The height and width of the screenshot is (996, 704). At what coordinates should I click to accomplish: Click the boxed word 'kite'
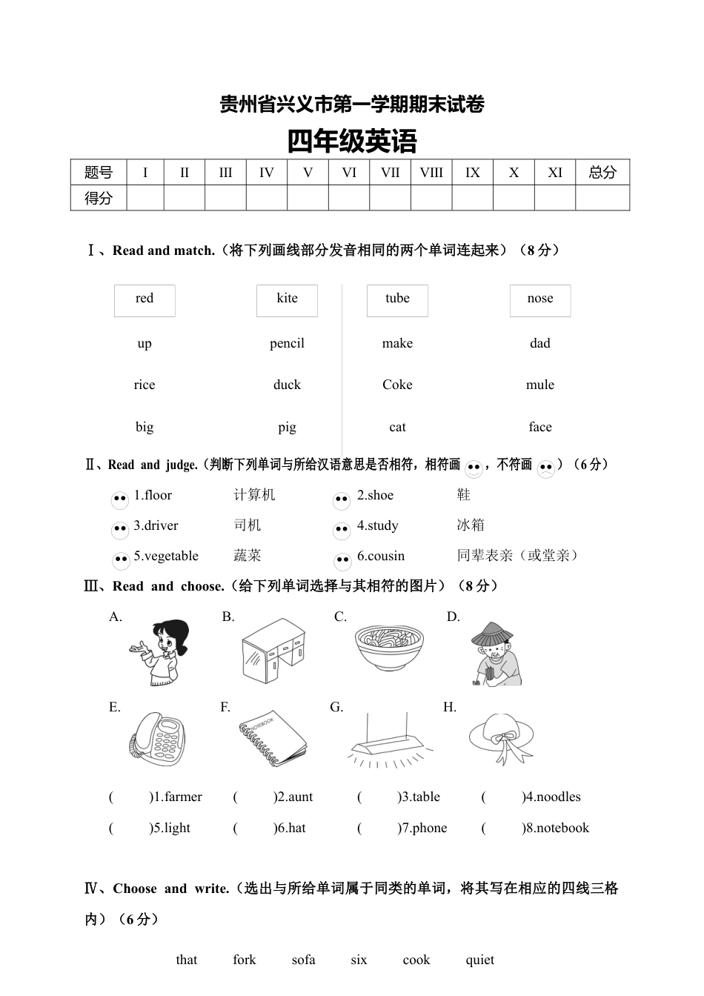point(287,299)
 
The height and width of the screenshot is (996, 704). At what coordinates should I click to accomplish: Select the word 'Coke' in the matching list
point(397,385)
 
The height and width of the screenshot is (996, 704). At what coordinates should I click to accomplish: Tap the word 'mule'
point(540,385)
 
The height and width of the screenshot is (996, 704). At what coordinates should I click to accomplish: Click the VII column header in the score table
point(390,173)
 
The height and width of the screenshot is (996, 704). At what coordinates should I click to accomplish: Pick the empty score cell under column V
point(308,198)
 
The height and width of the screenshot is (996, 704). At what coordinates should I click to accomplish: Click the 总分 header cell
point(602,173)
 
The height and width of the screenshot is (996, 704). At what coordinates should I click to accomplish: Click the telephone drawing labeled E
point(158,739)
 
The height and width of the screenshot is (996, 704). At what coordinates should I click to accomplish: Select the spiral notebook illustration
point(272,739)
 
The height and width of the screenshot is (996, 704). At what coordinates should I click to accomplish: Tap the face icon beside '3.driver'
point(120,530)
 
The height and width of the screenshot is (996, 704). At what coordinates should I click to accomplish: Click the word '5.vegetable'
point(166,556)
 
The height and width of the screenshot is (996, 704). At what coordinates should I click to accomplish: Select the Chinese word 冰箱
point(471,525)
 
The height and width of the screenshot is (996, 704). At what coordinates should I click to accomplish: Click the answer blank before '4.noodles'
point(502,797)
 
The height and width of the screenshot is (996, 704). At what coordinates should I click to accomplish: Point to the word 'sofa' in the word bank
point(303,960)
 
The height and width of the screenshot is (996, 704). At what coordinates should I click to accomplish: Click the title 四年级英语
point(352,141)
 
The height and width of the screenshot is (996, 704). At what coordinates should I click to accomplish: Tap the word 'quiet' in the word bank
point(479,960)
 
